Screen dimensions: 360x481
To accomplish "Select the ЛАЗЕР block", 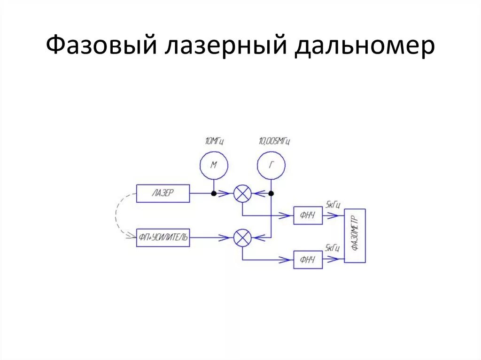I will tap(163, 193).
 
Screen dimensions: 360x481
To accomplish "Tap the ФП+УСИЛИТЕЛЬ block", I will tap(163, 238).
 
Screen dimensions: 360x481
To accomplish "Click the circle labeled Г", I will tap(271, 164).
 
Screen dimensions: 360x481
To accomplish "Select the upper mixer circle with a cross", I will tap(242, 193).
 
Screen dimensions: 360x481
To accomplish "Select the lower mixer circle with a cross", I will tap(242, 238).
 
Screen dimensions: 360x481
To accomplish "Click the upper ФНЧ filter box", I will tap(308, 215).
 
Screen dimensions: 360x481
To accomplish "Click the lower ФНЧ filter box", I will tap(308, 260).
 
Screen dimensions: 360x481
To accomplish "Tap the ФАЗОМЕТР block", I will tap(355, 236).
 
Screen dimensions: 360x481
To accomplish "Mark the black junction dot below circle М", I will tap(213, 193).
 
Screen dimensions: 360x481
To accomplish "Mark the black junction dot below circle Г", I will tap(271, 193).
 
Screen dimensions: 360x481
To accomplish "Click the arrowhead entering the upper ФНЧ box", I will tap(289, 215).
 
